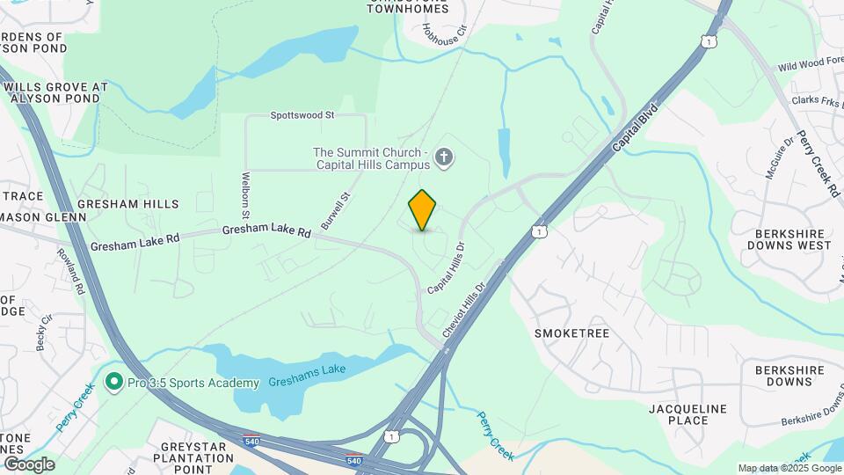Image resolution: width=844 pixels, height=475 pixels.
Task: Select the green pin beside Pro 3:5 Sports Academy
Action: pos(113,383)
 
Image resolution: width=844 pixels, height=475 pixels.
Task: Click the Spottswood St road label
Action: pos(302,115)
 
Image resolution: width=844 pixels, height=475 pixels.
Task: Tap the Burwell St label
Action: pos(337,211)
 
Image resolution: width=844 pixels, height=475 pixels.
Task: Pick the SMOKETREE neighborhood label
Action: pos(571,333)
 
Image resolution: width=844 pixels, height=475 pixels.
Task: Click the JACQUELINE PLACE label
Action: pos(688,414)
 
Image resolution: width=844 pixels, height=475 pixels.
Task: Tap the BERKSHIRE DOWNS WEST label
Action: pos(793,239)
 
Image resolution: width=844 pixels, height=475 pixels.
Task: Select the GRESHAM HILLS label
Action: pos(128,204)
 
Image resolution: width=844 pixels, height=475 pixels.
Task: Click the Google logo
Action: pos(28,464)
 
